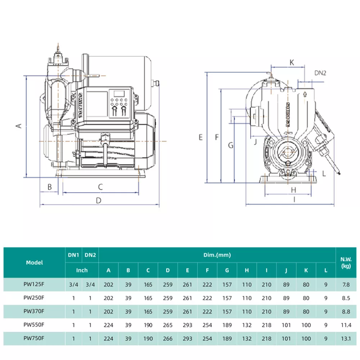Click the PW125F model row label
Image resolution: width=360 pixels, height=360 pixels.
click(x=34, y=284)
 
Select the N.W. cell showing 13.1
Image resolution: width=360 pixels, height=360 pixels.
click(x=346, y=339)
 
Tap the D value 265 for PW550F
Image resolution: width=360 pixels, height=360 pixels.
click(x=168, y=325)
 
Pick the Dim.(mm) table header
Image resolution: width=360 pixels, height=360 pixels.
click(x=217, y=255)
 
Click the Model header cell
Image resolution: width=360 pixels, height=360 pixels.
click(x=34, y=262)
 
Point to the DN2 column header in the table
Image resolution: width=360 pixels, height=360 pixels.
click(x=90, y=255)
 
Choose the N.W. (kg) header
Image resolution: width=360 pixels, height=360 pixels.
click(x=346, y=262)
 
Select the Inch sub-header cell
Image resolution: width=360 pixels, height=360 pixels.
click(x=82, y=270)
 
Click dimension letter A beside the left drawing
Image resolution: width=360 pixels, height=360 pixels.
click(x=18, y=126)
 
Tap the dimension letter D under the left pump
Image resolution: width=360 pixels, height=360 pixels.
click(x=98, y=200)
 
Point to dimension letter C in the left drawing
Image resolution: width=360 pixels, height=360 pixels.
click(x=100, y=187)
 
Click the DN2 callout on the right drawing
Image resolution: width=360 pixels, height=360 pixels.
click(x=320, y=73)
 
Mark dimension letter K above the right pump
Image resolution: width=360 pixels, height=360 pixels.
click(x=292, y=62)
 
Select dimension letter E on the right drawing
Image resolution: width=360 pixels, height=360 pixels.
click(x=200, y=137)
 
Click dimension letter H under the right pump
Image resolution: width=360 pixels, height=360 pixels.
click(x=293, y=190)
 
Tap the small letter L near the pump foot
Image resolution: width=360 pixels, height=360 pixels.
click(x=324, y=173)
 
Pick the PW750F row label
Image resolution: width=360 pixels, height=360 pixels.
click(x=34, y=339)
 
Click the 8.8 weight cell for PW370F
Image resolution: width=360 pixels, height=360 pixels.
click(x=346, y=312)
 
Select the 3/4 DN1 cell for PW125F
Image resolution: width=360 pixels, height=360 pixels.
click(x=73, y=285)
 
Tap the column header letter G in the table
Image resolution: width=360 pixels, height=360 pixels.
click(x=227, y=270)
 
